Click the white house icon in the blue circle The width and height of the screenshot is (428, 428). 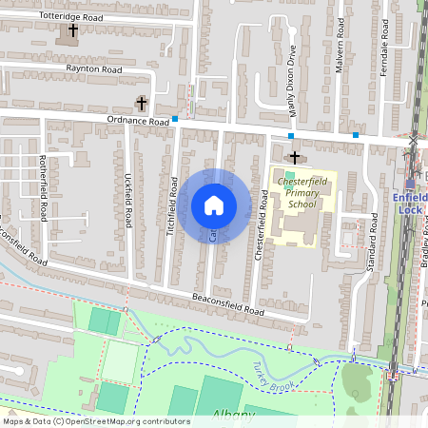214,205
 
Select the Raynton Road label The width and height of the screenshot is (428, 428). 93,69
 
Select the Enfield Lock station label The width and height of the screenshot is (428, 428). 410,203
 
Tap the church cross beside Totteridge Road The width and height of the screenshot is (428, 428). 73,31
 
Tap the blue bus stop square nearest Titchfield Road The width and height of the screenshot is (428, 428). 176,119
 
